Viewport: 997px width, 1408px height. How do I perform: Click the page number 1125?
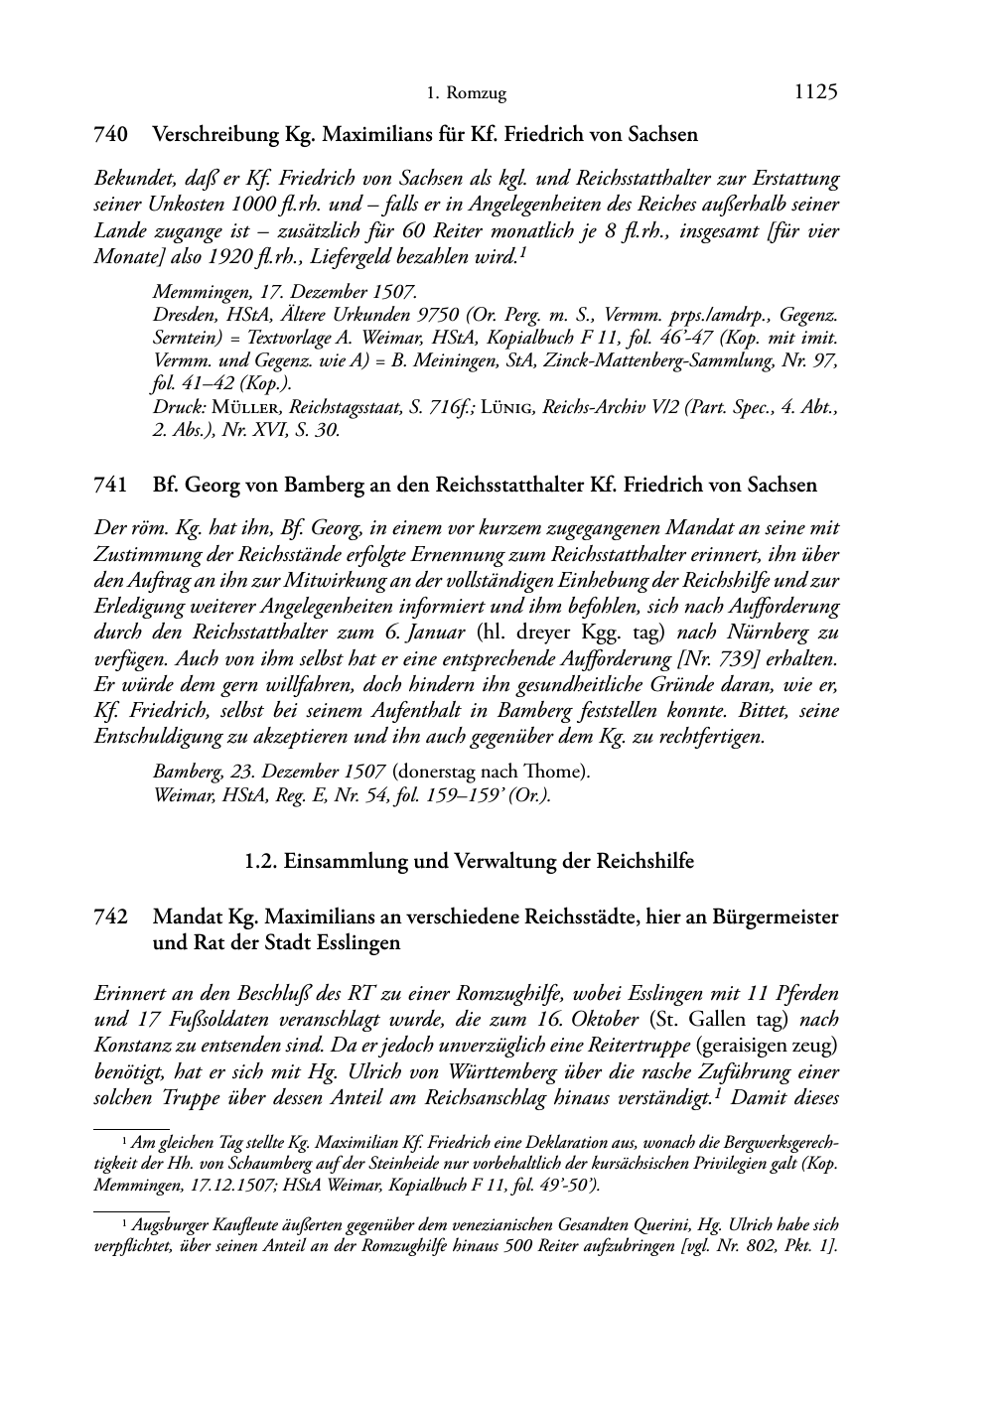[x=816, y=92]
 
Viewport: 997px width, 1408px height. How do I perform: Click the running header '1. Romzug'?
[x=466, y=94]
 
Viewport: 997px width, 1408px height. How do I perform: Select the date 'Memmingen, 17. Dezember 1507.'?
[x=285, y=293]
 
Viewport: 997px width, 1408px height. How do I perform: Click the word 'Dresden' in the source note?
[x=183, y=316]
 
